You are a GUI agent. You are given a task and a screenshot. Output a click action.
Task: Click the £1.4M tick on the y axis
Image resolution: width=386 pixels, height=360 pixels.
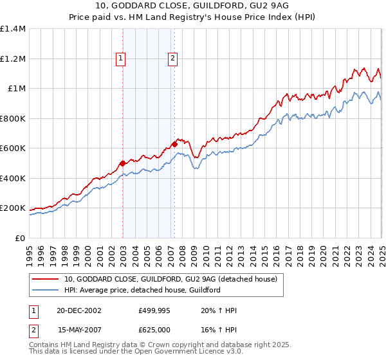click(x=13, y=29)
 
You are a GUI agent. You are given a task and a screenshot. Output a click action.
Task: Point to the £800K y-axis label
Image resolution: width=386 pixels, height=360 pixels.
click(x=13, y=118)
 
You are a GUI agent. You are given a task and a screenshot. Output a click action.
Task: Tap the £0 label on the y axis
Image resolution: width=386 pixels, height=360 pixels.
click(x=19, y=238)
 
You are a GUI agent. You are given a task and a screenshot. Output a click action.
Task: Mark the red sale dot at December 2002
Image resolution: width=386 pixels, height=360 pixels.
click(x=122, y=163)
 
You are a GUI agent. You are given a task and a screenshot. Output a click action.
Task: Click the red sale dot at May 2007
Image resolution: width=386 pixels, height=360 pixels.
click(x=174, y=144)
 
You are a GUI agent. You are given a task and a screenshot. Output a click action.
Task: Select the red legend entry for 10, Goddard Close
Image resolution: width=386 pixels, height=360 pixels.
click(x=170, y=279)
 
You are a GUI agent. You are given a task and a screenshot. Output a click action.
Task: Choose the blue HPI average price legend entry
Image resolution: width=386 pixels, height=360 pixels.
click(x=142, y=290)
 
